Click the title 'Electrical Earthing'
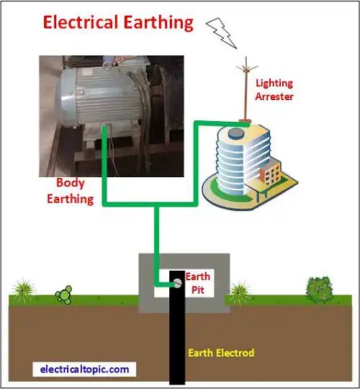[118, 22]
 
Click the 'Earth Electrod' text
[221, 353]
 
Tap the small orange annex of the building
[270, 173]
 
